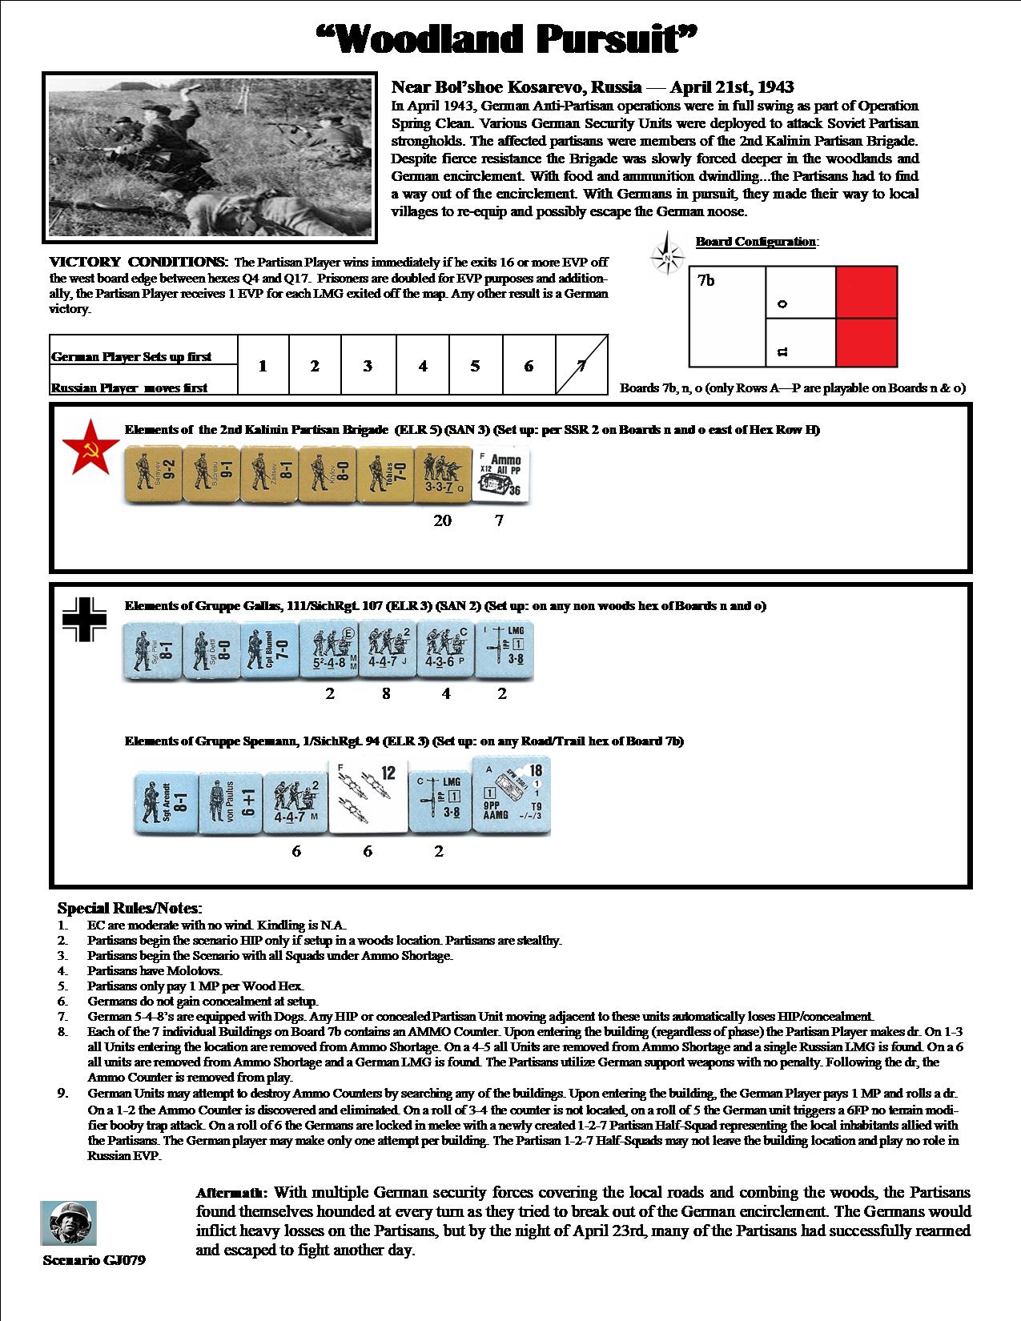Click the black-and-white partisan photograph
tap(209, 158)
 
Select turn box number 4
tap(422, 366)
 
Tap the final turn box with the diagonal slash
tap(582, 366)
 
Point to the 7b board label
tap(705, 281)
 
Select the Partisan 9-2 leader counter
tap(153, 476)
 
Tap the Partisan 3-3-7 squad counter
tap(443, 476)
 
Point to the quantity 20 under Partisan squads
tap(442, 521)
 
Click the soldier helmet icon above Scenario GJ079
tap(69, 1223)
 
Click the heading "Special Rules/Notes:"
tap(130, 909)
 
